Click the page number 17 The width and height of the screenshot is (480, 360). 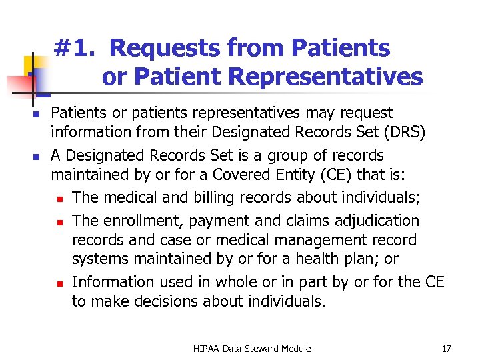(446, 349)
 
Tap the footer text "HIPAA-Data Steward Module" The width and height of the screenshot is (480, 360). (253, 349)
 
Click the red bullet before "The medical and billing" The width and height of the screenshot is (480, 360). (59, 199)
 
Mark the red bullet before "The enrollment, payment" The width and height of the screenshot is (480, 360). (59, 221)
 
